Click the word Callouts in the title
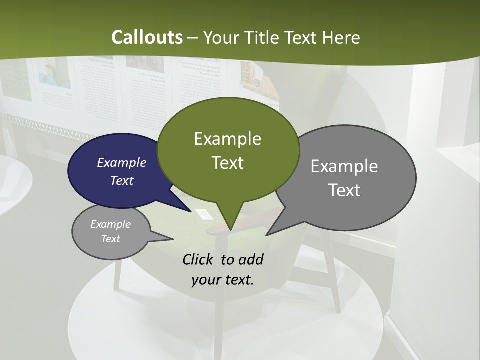(147, 37)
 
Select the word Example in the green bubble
(227, 139)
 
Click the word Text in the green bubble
(227, 163)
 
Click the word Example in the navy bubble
(122, 162)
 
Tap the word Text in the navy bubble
(122, 180)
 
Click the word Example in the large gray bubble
(344, 166)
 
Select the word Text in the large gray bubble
(344, 190)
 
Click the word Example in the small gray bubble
(110, 224)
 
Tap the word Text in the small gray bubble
(110, 239)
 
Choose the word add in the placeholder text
(251, 259)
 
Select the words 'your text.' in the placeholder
(223, 279)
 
